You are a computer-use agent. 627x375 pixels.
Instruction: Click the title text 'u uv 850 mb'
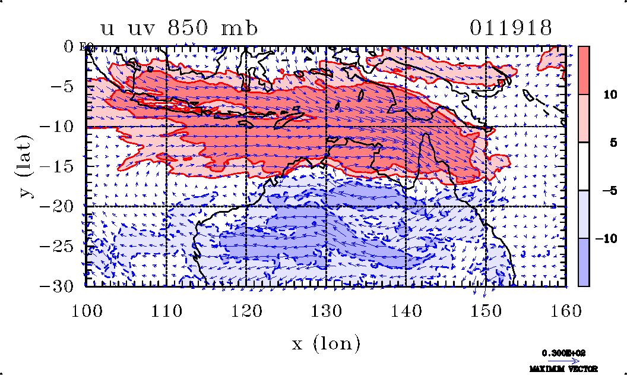[179, 29]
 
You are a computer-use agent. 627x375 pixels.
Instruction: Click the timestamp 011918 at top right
[511, 29]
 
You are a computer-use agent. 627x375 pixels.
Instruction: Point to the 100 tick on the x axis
[86, 309]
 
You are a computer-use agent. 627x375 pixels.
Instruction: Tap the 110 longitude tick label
[166, 309]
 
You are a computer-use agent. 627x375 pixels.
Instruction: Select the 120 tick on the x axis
[246, 309]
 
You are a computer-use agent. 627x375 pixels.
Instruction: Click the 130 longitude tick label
[326, 309]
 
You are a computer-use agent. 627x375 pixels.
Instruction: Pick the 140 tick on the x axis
[406, 309]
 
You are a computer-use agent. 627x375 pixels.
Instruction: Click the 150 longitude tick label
[486, 309]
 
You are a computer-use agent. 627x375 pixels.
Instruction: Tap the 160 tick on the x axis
[565, 309]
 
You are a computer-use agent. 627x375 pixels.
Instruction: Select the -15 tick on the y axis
[57, 166]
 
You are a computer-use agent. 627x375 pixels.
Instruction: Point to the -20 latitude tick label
[57, 206]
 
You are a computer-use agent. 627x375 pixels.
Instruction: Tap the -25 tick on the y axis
[57, 246]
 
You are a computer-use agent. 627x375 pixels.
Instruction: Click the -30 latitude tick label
[57, 286]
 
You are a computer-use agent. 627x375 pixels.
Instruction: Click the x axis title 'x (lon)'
[326, 344]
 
